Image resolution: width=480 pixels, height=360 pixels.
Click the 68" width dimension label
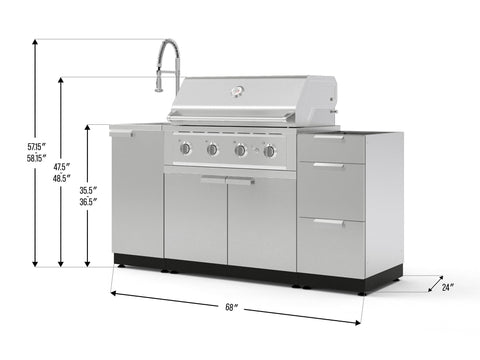click(230, 307)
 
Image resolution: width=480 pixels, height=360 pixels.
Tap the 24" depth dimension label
click(447, 287)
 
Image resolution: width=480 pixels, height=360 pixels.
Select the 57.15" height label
click(36, 146)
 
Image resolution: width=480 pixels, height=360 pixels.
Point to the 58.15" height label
click(36, 158)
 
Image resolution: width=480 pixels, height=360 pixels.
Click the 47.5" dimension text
click(62, 166)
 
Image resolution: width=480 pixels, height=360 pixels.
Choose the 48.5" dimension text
click(62, 178)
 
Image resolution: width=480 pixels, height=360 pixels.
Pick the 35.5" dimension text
click(88, 190)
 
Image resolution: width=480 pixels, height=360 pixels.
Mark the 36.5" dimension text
click(88, 202)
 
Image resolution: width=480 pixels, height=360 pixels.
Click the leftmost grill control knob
click(185, 148)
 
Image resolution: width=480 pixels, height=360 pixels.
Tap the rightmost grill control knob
click(269, 151)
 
